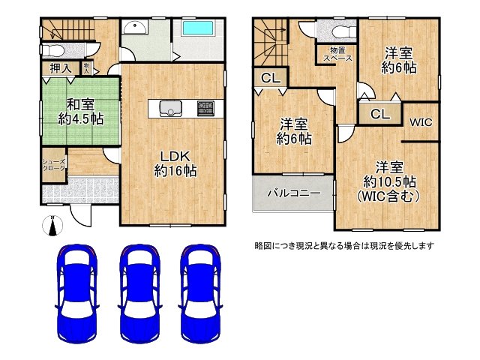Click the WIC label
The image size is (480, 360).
(x=421, y=121)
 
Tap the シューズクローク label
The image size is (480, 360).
(x=53, y=166)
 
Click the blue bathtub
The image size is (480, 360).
(x=198, y=31)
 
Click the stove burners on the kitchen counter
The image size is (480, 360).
(x=206, y=107)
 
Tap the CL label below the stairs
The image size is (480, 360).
(x=271, y=78)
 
